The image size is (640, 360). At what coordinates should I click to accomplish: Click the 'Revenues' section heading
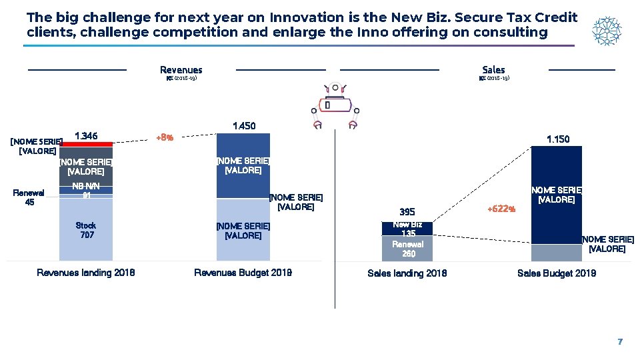[181, 70]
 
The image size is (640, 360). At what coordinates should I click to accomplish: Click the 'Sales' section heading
[493, 70]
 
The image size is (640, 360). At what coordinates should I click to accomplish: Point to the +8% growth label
[165, 138]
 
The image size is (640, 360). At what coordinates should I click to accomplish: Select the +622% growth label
[501, 209]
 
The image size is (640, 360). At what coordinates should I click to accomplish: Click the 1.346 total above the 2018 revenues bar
[86, 136]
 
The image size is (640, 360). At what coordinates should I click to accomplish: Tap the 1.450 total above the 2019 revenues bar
[243, 126]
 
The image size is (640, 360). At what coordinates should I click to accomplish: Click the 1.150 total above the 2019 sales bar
[557, 139]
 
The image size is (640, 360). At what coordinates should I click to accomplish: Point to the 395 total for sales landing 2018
[407, 213]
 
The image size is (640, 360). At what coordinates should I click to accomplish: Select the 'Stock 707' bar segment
[86, 230]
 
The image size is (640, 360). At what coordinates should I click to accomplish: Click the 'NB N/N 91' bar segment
[86, 190]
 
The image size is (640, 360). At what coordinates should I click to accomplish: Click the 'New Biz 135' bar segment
[407, 229]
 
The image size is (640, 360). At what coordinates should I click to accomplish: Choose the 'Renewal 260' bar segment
[407, 249]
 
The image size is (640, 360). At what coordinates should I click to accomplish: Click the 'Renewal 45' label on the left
[29, 197]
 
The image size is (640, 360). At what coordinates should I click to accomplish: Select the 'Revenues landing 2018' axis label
[86, 273]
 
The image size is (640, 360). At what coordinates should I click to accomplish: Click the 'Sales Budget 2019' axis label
[557, 273]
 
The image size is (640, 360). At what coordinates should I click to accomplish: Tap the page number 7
[619, 341]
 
